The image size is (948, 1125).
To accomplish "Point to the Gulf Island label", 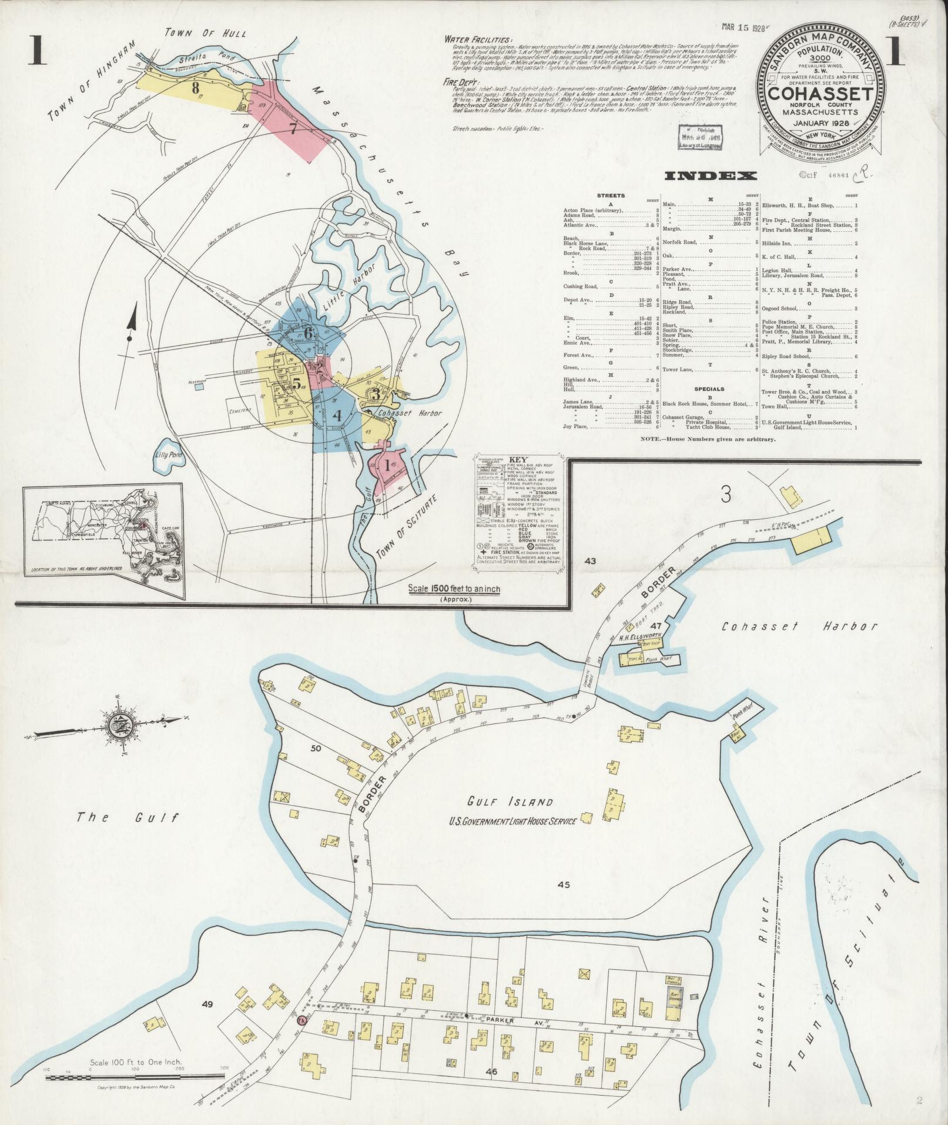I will click(510, 802).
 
